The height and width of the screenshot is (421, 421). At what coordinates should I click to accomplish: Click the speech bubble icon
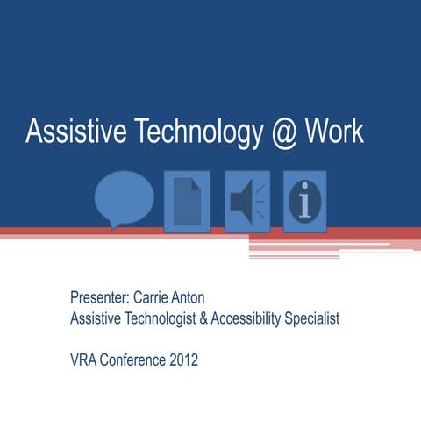click(x=124, y=197)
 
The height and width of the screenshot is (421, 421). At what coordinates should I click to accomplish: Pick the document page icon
click(x=187, y=201)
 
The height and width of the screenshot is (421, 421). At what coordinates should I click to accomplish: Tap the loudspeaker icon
click(x=246, y=201)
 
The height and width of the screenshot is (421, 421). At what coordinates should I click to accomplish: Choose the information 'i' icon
click(x=304, y=201)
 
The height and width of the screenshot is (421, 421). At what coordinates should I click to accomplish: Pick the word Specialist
click(x=311, y=318)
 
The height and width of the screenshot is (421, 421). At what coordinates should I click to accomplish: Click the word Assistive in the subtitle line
click(x=96, y=318)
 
